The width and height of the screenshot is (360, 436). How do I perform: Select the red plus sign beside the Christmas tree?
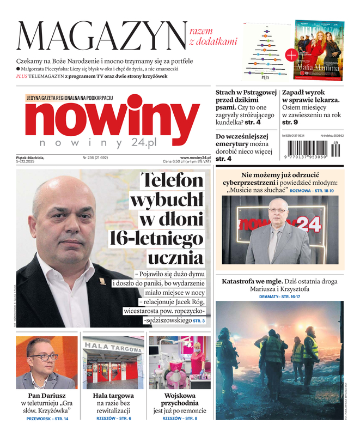pos(291,55)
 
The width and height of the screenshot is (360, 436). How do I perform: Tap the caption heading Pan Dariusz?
pos(46,396)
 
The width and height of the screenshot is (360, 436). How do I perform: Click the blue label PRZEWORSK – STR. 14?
pos(47,419)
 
